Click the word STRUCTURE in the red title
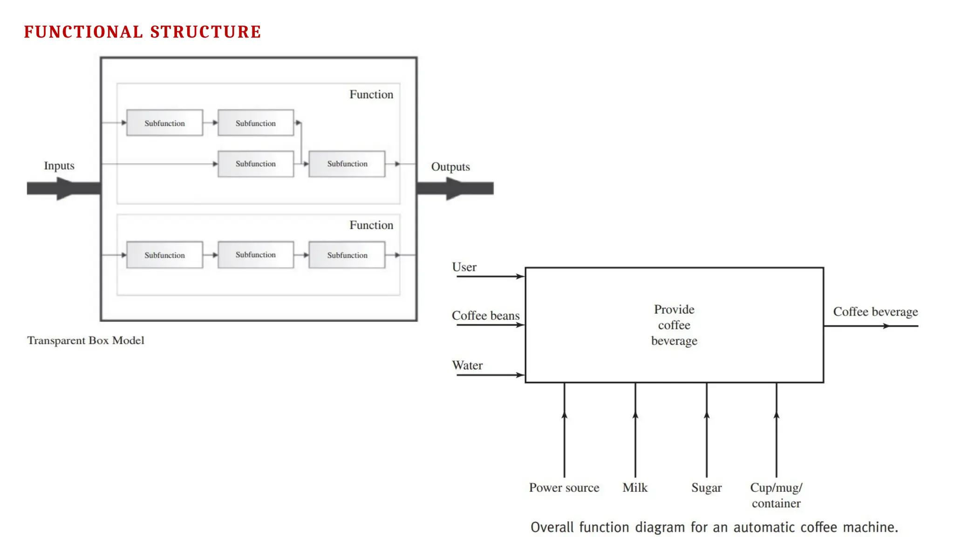(x=205, y=32)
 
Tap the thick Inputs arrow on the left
(x=63, y=188)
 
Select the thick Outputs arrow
(x=455, y=188)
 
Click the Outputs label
(x=450, y=167)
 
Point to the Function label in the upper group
(x=371, y=95)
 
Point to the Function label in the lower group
(x=371, y=225)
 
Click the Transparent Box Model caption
(x=86, y=340)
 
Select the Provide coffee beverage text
(x=674, y=325)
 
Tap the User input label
(x=464, y=267)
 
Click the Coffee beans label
(x=485, y=316)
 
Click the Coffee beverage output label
(x=875, y=311)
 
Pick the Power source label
(x=564, y=488)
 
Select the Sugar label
(x=706, y=488)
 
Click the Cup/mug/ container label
(x=776, y=495)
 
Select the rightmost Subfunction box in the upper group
(x=347, y=164)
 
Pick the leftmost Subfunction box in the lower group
(x=164, y=255)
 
